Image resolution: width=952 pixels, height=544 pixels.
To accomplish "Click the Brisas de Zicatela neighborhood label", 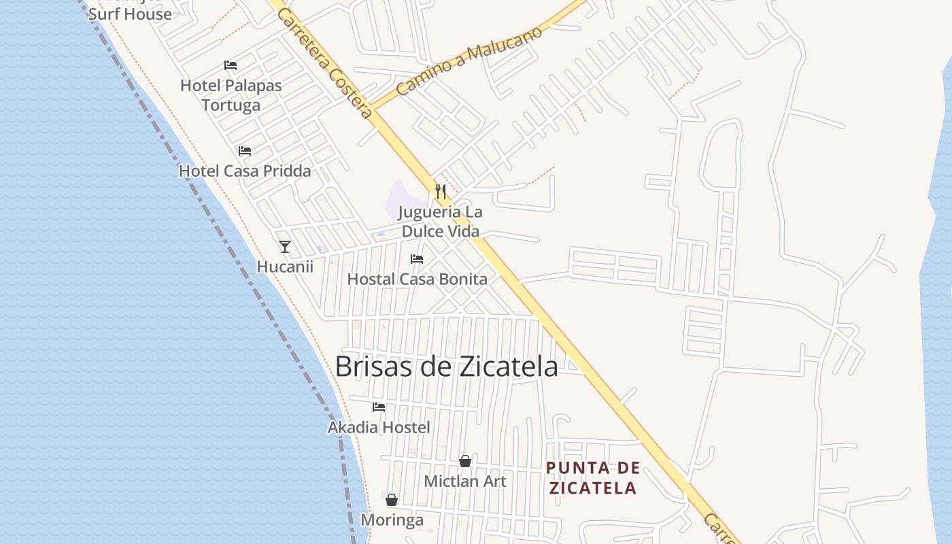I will [x=446, y=367].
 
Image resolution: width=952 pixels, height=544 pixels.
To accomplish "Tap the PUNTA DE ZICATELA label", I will [x=593, y=477].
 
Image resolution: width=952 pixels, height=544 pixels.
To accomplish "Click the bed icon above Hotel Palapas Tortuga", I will [x=231, y=65].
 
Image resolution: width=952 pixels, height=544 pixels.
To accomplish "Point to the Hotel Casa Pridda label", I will [x=245, y=171].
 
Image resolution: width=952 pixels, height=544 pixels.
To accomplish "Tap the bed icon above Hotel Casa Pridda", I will [x=245, y=151].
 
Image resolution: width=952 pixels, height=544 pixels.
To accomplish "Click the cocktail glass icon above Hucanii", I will [x=285, y=246].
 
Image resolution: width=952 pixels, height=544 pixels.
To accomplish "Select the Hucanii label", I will [x=285, y=267].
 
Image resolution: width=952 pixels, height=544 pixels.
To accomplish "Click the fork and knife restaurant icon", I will [x=441, y=191].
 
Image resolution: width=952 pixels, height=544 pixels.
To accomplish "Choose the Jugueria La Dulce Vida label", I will [x=441, y=222].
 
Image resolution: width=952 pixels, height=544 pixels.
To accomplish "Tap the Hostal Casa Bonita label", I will [x=417, y=279].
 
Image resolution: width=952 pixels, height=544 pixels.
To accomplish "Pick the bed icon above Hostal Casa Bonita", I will [x=417, y=259].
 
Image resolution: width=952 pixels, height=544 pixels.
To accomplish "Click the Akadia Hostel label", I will [x=379, y=427].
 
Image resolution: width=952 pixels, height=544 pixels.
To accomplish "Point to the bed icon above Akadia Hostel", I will [x=379, y=407].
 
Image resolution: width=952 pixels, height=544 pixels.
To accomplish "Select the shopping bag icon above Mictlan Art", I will [x=465, y=461].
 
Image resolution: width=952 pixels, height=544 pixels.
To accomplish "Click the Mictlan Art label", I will [x=465, y=481].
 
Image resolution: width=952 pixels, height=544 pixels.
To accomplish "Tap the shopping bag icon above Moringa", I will [x=392, y=500].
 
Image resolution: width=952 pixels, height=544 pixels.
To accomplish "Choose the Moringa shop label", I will [x=392, y=520].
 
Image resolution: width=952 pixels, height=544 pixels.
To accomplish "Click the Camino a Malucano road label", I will [x=469, y=61].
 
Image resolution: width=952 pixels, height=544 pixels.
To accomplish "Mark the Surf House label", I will [x=130, y=14].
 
